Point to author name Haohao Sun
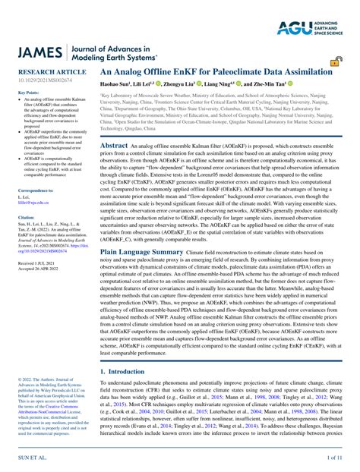click(118, 83)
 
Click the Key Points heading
click(28, 93)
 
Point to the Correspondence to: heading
click(36, 190)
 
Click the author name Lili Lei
click(153, 83)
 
